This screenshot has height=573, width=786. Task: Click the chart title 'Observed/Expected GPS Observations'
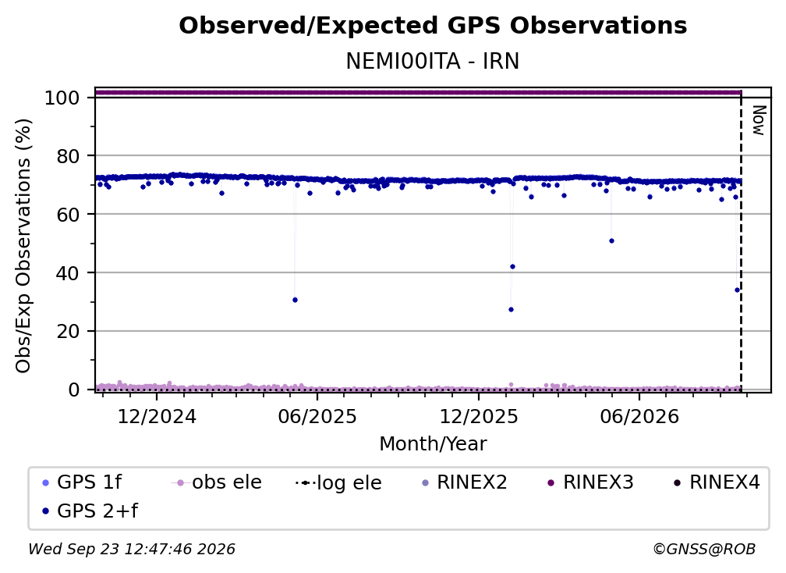click(x=433, y=26)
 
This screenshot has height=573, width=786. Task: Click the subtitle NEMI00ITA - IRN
click(x=433, y=61)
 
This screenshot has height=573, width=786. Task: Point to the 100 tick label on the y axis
click(x=62, y=98)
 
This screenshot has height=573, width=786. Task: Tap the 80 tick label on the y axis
click(x=68, y=156)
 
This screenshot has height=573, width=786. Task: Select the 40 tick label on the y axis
click(x=68, y=273)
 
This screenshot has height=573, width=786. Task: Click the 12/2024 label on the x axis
click(x=157, y=416)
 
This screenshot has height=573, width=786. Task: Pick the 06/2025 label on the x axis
click(x=317, y=416)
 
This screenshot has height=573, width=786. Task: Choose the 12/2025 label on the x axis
click(x=479, y=416)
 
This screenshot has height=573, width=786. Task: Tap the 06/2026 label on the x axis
click(x=639, y=416)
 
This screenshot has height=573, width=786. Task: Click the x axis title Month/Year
click(x=433, y=443)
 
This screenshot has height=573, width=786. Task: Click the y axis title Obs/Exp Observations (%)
click(x=23, y=245)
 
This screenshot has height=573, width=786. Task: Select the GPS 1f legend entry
click(x=82, y=482)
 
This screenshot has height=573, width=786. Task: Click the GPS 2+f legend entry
click(x=90, y=511)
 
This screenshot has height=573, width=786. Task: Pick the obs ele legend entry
click(x=216, y=482)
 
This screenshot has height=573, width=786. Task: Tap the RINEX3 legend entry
click(x=590, y=482)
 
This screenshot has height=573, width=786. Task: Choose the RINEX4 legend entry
click(x=717, y=482)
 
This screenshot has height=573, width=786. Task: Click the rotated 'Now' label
click(x=759, y=120)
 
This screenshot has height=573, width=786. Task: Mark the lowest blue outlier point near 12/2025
click(x=511, y=310)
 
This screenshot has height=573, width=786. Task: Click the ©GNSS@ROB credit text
click(x=704, y=549)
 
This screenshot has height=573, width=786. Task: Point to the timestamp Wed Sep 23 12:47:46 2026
click(x=131, y=549)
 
